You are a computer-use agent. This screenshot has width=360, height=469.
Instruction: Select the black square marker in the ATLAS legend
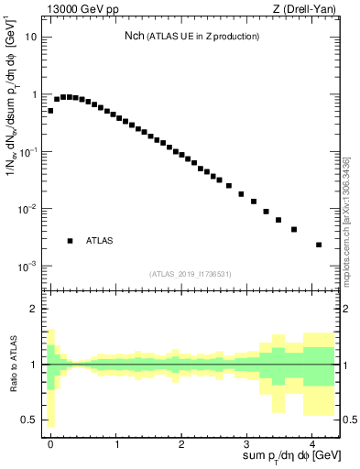coord(70,241)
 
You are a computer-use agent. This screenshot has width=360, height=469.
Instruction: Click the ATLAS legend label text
coord(99,241)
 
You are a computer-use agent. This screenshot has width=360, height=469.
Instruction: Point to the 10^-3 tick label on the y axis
coord(30,267)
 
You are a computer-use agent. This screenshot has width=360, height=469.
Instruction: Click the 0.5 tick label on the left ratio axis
coord(33,420)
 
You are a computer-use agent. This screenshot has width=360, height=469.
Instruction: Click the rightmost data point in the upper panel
coord(318,245)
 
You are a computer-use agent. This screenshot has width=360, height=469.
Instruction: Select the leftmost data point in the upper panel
coord(50,110)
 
